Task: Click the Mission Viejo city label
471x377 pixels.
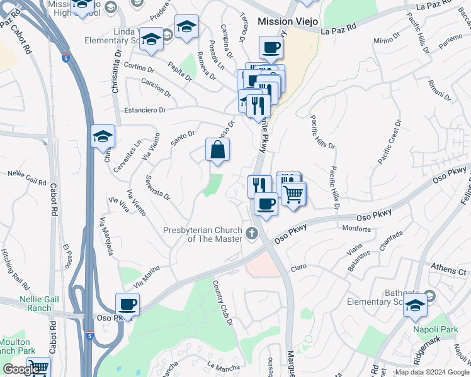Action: pos(287,21)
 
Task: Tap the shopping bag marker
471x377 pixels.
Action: pos(217,150)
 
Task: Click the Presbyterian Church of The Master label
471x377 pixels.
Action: pos(203,234)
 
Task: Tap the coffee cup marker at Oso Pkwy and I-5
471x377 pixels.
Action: pos(128,305)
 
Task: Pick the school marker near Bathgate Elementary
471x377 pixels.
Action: pos(415,306)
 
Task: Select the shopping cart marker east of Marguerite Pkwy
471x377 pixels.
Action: pos(293,194)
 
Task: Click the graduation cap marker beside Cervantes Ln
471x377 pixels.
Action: pos(103,136)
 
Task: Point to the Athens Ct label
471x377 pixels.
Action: pos(448,271)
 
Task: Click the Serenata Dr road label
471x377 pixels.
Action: pos(158,187)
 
